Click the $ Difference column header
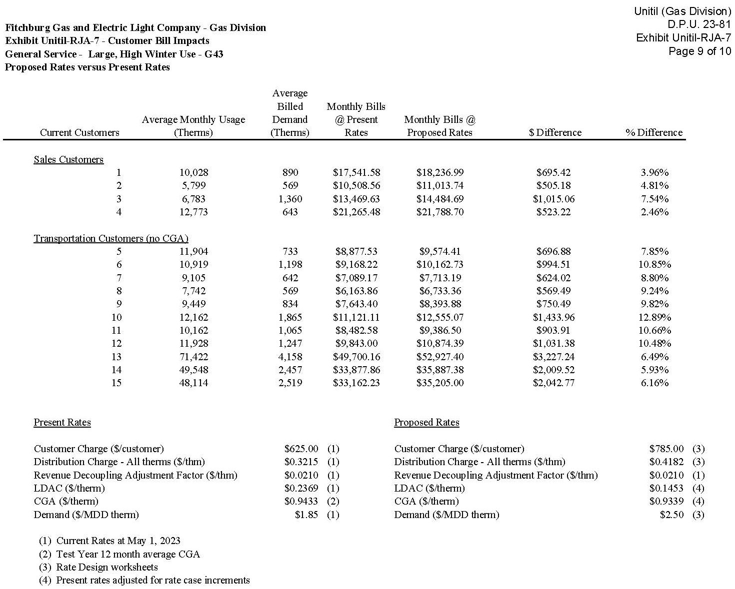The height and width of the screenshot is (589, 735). click(x=555, y=132)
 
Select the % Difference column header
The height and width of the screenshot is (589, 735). click(x=654, y=132)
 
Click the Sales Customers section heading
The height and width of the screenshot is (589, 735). click(x=68, y=159)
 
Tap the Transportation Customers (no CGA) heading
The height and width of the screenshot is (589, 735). click(x=111, y=238)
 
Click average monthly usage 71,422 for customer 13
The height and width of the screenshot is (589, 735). click(x=193, y=357)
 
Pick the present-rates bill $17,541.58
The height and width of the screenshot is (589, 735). click(x=356, y=172)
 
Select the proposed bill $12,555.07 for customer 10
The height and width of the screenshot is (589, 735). click(x=439, y=317)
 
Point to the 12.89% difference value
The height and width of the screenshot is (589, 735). click(x=654, y=317)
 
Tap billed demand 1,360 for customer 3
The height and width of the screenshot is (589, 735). click(x=290, y=199)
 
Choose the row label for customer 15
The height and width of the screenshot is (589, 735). click(x=116, y=383)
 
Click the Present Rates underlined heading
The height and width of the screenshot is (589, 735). click(x=62, y=422)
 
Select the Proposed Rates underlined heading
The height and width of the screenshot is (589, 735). click(x=426, y=422)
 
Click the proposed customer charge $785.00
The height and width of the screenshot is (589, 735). click(x=666, y=449)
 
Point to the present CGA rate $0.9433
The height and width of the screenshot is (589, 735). click(x=301, y=501)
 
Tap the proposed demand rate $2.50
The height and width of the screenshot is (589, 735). click(x=671, y=515)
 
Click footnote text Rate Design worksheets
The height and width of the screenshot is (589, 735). click(x=107, y=567)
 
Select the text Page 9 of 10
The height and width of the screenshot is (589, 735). click(x=699, y=51)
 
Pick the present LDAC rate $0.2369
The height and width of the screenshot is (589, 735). click(x=301, y=488)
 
